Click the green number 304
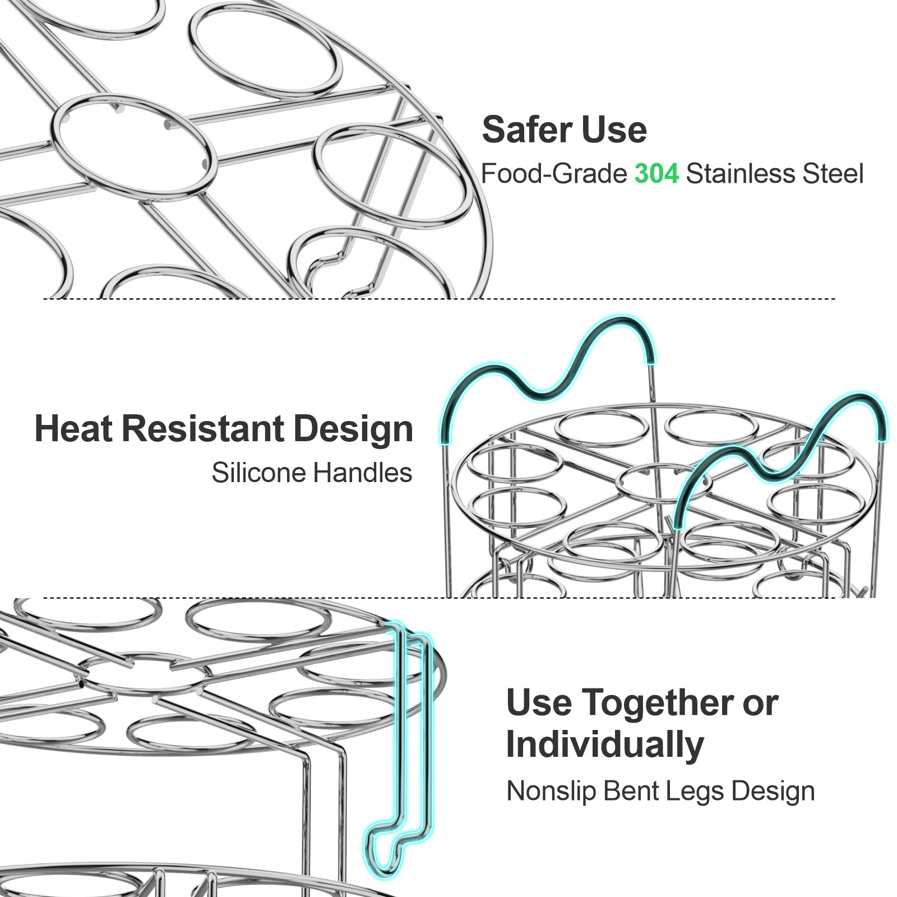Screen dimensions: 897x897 click(x=656, y=174)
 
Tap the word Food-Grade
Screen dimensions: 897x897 click(x=554, y=174)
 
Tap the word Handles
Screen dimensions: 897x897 click(x=362, y=473)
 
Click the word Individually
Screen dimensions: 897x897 click(x=605, y=745)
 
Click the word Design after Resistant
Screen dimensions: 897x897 click(x=353, y=430)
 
